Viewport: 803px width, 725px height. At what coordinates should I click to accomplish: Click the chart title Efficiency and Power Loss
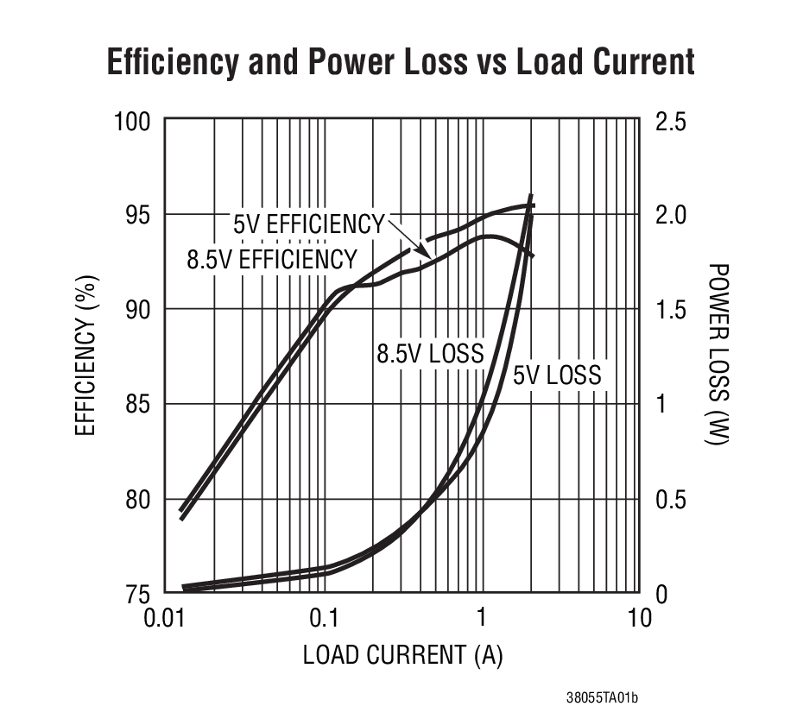[x=401, y=63]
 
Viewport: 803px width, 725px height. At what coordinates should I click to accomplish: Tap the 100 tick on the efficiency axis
[x=133, y=122]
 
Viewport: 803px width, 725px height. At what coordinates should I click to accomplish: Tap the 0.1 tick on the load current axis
[x=324, y=620]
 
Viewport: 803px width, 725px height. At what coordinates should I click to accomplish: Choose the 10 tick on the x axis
[x=639, y=620]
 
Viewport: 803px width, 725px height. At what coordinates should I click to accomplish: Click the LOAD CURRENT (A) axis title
[x=402, y=655]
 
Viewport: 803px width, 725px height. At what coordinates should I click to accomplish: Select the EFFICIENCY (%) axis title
[x=85, y=356]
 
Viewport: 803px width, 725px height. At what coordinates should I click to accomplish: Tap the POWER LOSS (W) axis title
[x=718, y=355]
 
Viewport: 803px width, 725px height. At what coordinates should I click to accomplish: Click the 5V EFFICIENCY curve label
[x=308, y=224]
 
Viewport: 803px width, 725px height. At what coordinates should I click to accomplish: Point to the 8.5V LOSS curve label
[x=429, y=353]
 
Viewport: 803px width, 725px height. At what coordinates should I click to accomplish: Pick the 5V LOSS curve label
[x=557, y=375]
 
